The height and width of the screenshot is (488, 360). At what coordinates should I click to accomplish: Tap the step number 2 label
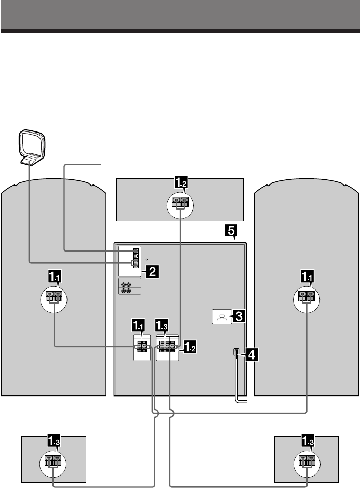click(x=151, y=270)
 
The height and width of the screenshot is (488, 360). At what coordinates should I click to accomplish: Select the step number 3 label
click(x=239, y=315)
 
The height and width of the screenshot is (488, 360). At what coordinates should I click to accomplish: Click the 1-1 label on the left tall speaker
click(x=55, y=278)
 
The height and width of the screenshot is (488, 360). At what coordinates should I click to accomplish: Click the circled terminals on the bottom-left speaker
click(x=53, y=460)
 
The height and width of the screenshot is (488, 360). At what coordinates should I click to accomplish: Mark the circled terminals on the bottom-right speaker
click(x=306, y=460)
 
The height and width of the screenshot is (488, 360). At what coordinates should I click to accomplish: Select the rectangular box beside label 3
click(x=222, y=316)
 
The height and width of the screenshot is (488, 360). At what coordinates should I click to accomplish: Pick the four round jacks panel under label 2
click(x=129, y=287)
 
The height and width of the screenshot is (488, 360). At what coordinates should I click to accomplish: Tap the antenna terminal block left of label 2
click(x=135, y=258)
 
